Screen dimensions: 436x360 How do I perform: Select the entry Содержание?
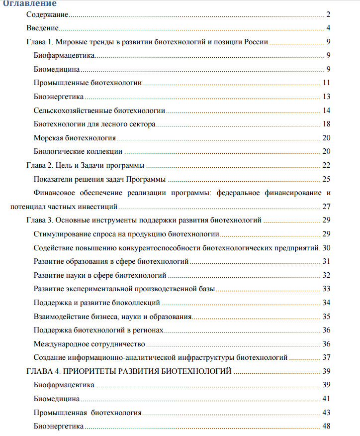click(47, 16)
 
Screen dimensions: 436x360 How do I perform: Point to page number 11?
click(327, 83)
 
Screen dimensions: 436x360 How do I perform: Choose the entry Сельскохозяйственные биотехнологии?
click(99, 110)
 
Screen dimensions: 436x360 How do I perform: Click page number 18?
click(327, 123)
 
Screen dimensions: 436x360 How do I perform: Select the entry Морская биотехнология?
click(75, 137)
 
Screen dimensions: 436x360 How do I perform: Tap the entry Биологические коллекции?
click(78, 151)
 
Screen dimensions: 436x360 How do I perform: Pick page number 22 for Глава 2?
click(327, 165)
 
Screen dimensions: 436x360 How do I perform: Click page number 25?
click(327, 179)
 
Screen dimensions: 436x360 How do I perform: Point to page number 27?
click(327, 206)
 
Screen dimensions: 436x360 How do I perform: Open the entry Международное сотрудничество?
click(89, 344)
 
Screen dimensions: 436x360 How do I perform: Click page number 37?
click(327, 357)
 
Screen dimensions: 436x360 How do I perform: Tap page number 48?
click(327, 426)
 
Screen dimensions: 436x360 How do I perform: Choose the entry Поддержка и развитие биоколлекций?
click(96, 302)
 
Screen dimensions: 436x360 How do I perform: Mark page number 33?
click(327, 289)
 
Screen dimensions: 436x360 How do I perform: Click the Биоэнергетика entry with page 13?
click(59, 96)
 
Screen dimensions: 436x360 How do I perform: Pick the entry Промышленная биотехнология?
click(88, 413)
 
